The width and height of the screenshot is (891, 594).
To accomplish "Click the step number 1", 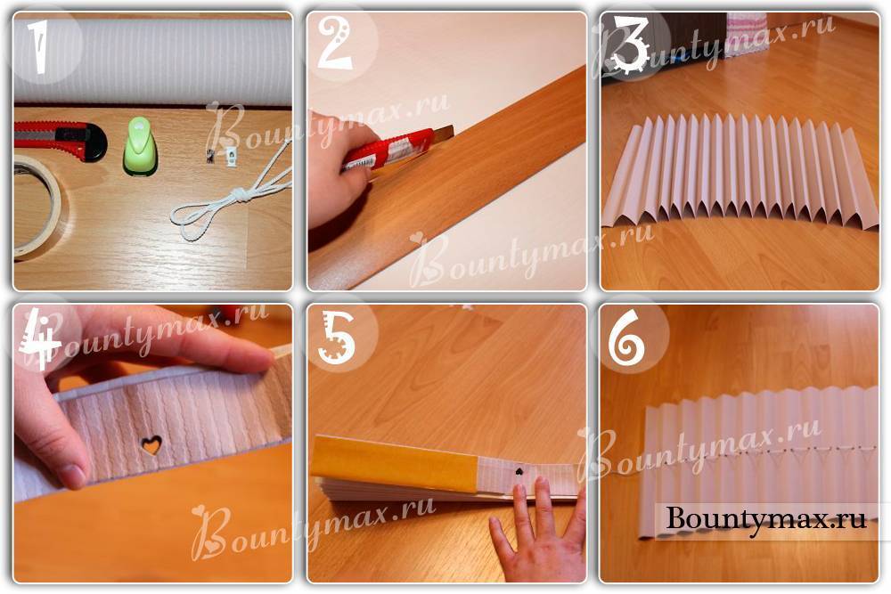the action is (x=38, y=47).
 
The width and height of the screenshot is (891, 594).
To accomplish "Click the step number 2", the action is (x=335, y=44).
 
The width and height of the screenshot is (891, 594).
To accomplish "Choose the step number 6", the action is (x=626, y=339).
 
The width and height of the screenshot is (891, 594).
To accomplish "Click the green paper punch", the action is (x=139, y=146).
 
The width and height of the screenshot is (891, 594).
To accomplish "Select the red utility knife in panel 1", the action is (x=60, y=140).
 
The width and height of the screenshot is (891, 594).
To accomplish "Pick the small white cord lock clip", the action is (x=231, y=154).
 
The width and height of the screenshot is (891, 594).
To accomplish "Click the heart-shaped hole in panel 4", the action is (x=151, y=444).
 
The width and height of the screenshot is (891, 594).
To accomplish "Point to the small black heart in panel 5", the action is (x=519, y=471).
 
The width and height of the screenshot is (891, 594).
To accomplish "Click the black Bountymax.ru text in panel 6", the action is (x=766, y=518).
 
